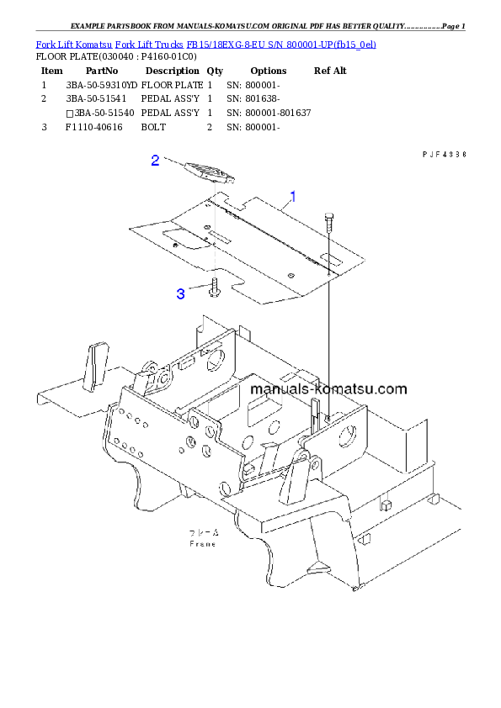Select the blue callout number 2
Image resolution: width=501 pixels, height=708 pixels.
point(155,161)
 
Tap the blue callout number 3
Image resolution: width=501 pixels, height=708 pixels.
point(180,293)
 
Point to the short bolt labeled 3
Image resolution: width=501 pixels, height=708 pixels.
point(215,287)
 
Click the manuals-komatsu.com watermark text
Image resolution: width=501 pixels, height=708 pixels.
point(328,388)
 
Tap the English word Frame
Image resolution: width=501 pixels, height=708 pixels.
point(202,544)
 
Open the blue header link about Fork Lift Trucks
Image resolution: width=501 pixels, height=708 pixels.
point(205,43)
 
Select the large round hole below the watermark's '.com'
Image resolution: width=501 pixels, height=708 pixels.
point(345,436)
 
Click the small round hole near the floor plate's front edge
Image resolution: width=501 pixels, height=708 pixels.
point(290,276)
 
